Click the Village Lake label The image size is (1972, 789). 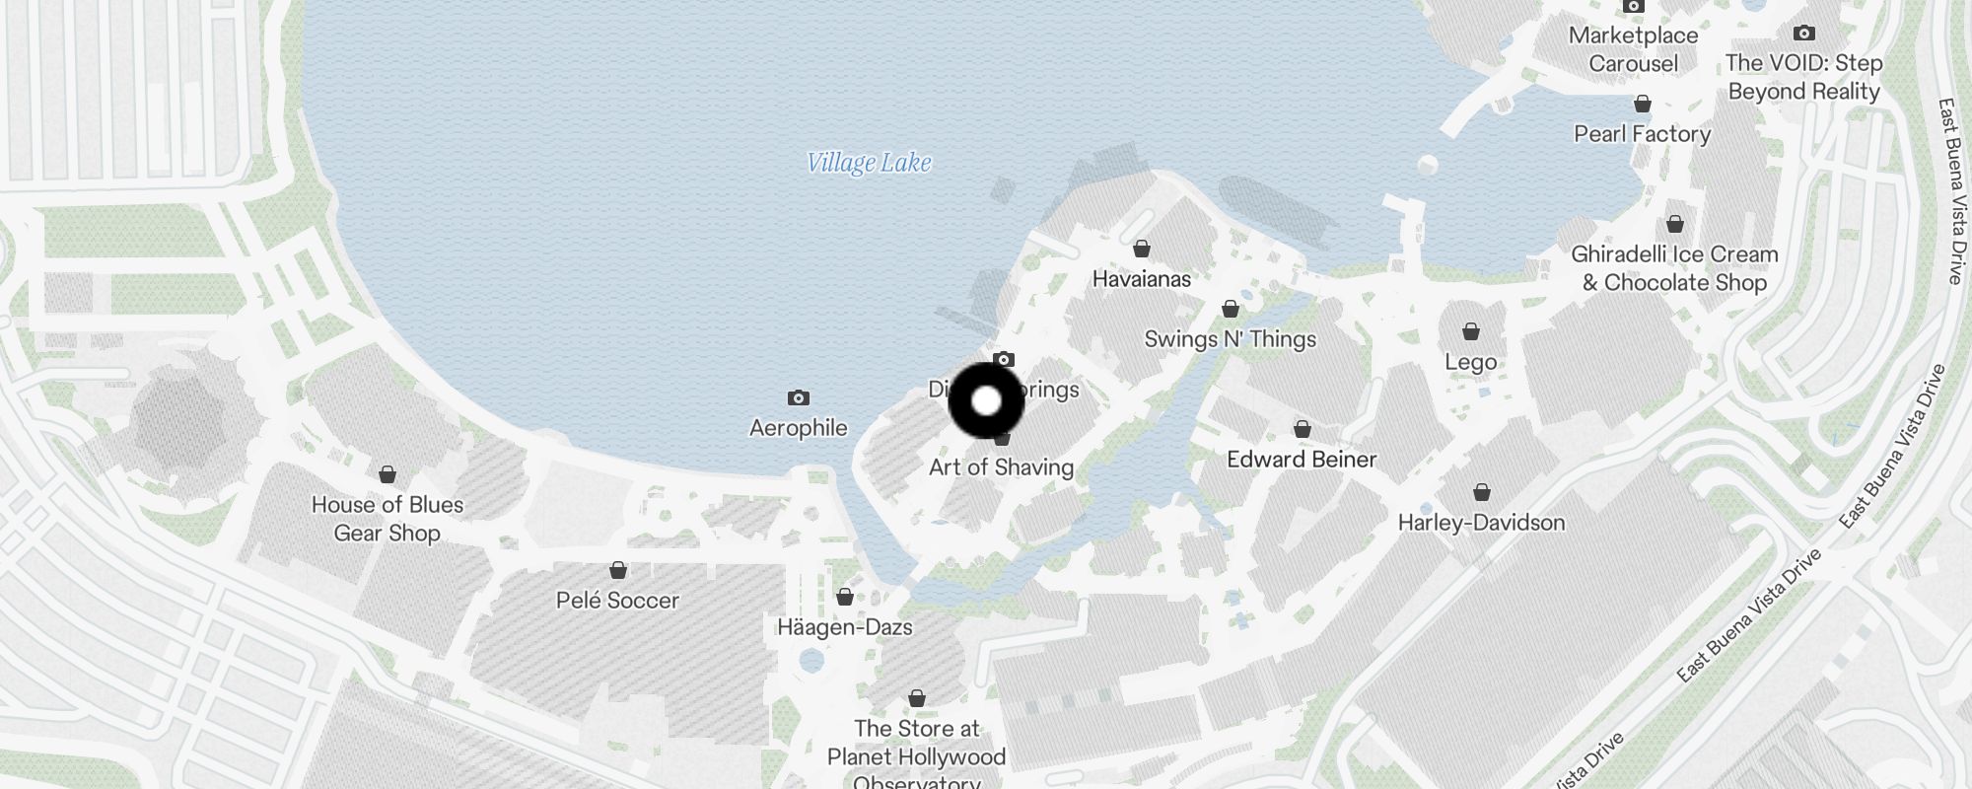(x=869, y=163)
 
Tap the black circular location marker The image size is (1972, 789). (x=987, y=401)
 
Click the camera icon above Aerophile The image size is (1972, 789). (x=799, y=398)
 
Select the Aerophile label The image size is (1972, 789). (x=799, y=428)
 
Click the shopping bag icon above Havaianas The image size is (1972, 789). (x=1142, y=249)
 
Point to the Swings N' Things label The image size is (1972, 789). (x=1231, y=339)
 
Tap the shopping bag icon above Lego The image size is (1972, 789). (x=1471, y=331)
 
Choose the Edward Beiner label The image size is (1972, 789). (x=1302, y=460)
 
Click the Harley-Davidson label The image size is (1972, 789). (x=1481, y=523)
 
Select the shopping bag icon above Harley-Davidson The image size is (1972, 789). (x=1482, y=492)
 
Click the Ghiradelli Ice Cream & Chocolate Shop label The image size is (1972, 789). (x=1674, y=268)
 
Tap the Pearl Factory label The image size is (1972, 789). (x=1642, y=134)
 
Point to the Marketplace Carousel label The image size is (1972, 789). (x=1633, y=49)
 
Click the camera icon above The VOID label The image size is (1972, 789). (x=1804, y=34)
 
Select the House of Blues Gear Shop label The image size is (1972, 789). (x=387, y=519)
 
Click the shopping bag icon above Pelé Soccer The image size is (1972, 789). (x=618, y=571)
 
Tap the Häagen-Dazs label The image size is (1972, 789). (x=845, y=627)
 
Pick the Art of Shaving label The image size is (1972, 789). (x=1002, y=467)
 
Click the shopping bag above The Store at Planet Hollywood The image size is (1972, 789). (x=917, y=699)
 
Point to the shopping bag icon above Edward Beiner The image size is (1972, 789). (x=1303, y=429)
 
